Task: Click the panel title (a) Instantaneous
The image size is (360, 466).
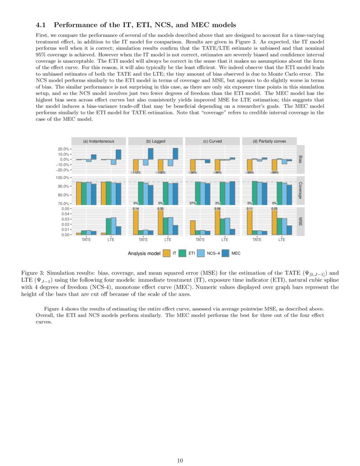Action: [98, 141]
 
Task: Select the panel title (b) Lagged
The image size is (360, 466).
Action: [155, 141]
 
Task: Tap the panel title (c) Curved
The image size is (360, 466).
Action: [212, 141]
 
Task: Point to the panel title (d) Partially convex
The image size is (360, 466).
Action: [269, 141]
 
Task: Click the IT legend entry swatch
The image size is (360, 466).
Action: [167, 253]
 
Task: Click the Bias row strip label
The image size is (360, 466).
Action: [300, 159]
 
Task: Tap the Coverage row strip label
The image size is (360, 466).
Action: [300, 190]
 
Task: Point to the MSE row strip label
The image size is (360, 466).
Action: [300, 221]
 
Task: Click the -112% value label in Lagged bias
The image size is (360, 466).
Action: [136, 172]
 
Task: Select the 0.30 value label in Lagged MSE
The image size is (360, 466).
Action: [161, 208]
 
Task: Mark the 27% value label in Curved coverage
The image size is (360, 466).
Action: [193, 203]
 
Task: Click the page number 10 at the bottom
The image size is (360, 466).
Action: [180, 460]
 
